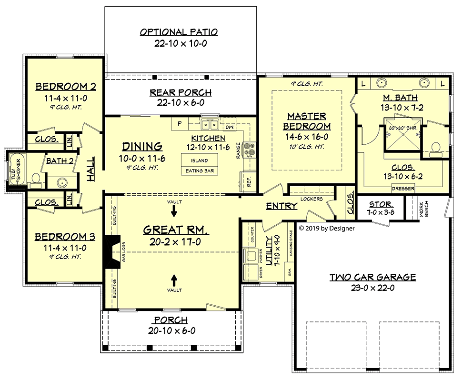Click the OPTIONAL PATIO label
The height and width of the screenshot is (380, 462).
pyautogui.click(x=179, y=32)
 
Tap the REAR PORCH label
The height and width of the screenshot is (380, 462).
pyautogui.click(x=181, y=92)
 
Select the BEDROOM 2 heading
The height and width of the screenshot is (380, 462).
pyautogui.click(x=66, y=87)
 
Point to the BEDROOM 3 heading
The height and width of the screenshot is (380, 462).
pyautogui.click(x=65, y=237)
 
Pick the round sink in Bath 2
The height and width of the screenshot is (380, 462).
pyautogui.click(x=62, y=183)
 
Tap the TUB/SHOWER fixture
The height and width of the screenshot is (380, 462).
pyautogui.click(x=17, y=169)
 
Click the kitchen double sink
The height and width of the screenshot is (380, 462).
pyautogui.click(x=210, y=125)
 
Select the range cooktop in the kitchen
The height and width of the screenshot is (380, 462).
pyautogui.click(x=249, y=149)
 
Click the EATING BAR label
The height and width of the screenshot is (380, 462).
pyautogui.click(x=200, y=171)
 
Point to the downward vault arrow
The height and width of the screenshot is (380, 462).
pyautogui.click(x=174, y=211)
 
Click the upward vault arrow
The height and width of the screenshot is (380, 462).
pyautogui.click(x=174, y=280)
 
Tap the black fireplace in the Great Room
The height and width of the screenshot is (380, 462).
pyautogui.click(x=112, y=252)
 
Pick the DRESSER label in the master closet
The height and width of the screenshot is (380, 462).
pyautogui.click(x=403, y=189)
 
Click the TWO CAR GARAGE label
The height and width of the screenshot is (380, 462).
pyautogui.click(x=373, y=277)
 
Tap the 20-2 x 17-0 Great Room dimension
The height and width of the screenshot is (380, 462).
pyautogui.click(x=175, y=242)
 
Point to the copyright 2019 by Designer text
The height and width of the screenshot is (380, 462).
pyautogui.click(x=327, y=228)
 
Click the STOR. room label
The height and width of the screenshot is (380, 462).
pyautogui.click(x=381, y=204)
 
